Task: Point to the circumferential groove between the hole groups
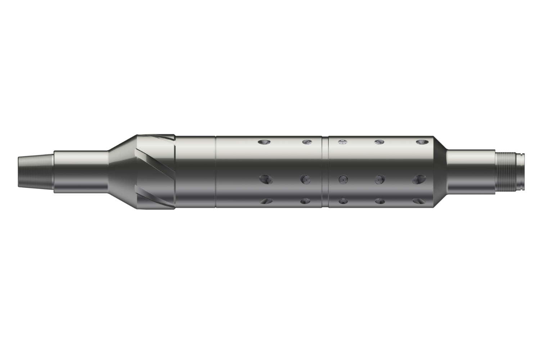325,172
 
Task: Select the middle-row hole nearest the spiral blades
266,179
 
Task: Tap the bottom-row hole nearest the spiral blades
266,201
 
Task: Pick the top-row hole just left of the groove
307,143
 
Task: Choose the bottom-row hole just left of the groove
306,201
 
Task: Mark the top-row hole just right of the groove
342,142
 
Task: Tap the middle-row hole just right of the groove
343,179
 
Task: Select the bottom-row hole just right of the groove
343,201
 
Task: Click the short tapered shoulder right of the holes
440,172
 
